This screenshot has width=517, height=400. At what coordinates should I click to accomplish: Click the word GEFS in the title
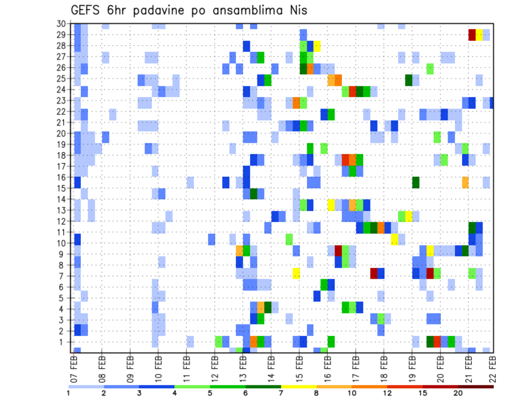click(x=86, y=10)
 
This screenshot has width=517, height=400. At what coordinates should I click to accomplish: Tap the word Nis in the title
click(x=296, y=10)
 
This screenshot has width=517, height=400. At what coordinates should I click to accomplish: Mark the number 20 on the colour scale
click(x=458, y=392)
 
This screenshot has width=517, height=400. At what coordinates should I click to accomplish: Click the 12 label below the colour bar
click(x=387, y=392)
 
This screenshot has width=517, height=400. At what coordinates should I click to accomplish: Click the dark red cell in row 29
click(x=472, y=35)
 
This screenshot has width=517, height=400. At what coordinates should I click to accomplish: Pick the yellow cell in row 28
click(x=317, y=45)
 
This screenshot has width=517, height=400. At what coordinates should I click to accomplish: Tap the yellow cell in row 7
click(x=296, y=273)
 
